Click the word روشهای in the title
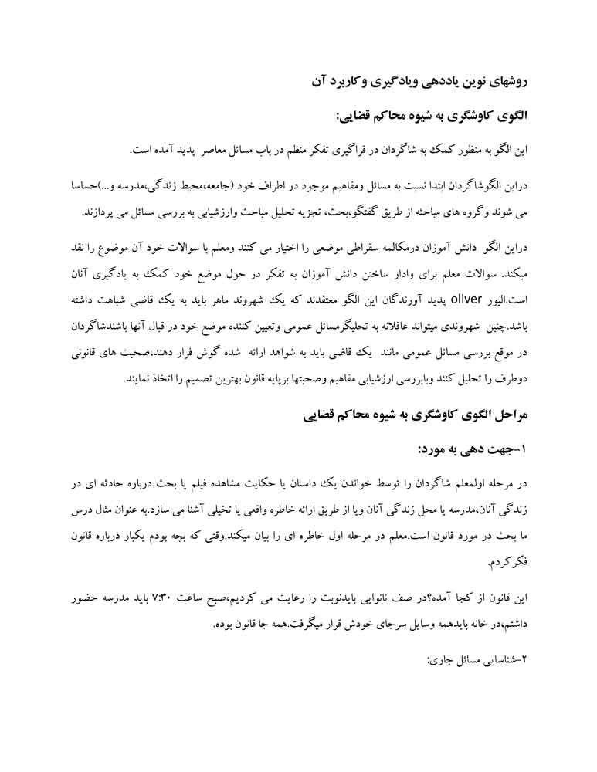[506, 79]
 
